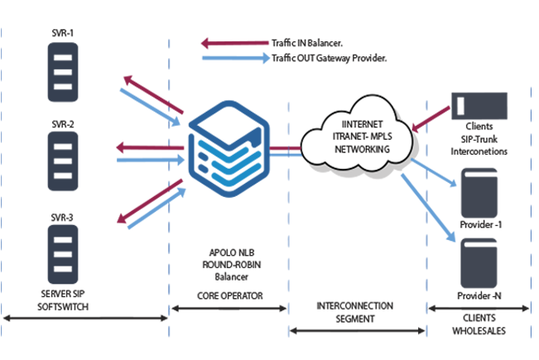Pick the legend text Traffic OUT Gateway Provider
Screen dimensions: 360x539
(329, 58)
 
